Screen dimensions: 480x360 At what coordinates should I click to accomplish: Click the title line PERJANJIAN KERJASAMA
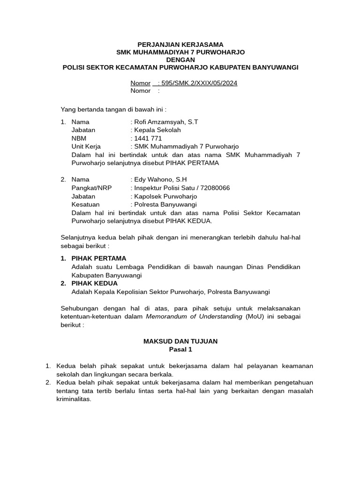pyautogui.click(x=180, y=44)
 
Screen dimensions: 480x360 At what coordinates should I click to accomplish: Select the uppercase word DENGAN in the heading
pyautogui.click(x=180, y=60)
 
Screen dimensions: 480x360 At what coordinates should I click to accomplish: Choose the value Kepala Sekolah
pyautogui.click(x=157, y=130)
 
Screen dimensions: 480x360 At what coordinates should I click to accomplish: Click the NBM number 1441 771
pyautogui.click(x=148, y=138)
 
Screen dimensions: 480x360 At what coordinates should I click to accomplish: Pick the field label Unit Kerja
pyautogui.click(x=86, y=147)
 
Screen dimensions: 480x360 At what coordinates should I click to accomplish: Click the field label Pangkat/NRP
pyautogui.click(x=90, y=188)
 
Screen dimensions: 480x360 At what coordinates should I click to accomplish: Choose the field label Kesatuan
pyautogui.click(x=85, y=204)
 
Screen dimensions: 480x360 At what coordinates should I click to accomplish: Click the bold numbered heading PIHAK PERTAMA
pyautogui.click(x=98, y=258)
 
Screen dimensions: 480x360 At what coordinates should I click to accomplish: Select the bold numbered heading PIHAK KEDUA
pyautogui.click(x=94, y=284)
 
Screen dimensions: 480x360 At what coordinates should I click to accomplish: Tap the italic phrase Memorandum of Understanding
pyautogui.click(x=194, y=316)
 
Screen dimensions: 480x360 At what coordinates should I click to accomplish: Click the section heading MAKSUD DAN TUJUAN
pyautogui.click(x=180, y=341)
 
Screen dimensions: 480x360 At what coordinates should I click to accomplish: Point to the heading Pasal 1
pyautogui.click(x=180, y=350)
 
